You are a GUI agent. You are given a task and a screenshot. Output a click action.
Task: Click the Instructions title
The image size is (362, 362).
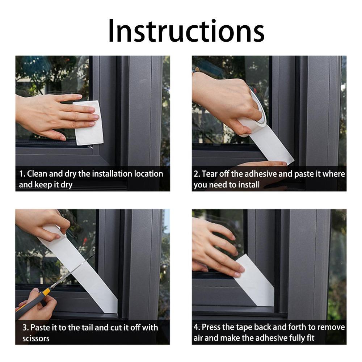186,31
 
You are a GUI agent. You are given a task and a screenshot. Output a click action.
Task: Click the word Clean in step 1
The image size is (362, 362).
37,174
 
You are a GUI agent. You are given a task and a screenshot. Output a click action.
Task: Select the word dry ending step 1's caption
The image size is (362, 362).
67,185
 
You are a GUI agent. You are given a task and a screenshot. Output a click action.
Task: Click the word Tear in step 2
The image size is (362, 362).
210,174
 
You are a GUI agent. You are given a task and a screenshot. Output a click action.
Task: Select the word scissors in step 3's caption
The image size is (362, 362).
36,338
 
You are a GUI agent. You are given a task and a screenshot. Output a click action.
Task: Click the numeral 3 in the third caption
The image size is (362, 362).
25,328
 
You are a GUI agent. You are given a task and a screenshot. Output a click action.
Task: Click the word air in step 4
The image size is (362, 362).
198,338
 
